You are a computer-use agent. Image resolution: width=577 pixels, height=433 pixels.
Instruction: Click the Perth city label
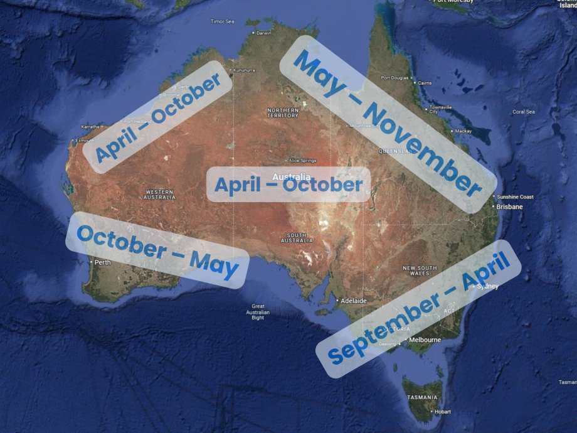tap(102, 262)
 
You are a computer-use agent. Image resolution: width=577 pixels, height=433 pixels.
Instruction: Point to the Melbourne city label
tap(425, 339)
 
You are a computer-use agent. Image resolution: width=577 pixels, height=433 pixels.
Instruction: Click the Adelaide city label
tap(353, 301)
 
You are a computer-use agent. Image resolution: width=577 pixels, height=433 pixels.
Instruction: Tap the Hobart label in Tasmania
tap(442, 412)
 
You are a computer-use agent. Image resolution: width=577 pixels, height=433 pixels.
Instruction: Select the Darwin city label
tap(264, 33)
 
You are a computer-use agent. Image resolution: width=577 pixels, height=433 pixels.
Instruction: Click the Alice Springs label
tap(303, 161)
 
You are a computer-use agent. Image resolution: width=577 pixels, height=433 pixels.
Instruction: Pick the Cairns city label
tap(425, 82)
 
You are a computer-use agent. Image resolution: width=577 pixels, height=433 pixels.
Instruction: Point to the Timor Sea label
tap(221, 21)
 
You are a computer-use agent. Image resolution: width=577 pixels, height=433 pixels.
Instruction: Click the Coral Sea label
tap(523, 112)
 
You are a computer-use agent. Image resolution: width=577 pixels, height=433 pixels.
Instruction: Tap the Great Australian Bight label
tap(258, 312)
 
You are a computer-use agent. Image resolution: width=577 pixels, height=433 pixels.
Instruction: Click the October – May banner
tap(157, 250)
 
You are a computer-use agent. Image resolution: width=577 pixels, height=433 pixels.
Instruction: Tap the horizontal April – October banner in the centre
tap(288, 185)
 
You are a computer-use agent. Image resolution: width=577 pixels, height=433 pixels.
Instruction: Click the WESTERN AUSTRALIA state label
tap(160, 194)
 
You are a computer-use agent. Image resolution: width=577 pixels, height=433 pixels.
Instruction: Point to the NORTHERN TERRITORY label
tap(283, 112)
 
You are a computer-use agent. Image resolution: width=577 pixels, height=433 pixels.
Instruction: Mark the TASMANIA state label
tap(422, 397)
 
